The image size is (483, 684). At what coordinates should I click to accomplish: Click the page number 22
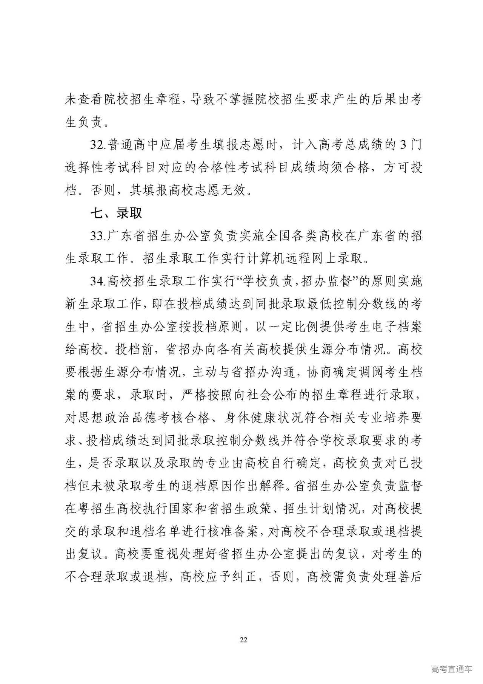click(x=243, y=640)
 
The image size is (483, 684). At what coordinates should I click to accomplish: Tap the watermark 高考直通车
click(x=451, y=669)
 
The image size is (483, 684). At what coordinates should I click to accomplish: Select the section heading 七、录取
click(x=116, y=213)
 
